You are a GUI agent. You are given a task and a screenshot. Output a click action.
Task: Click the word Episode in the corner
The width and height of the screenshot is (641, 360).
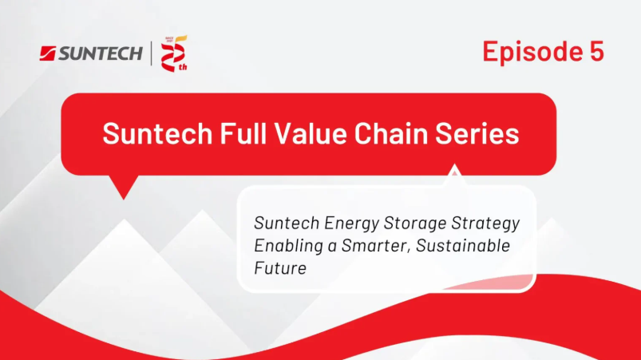coord(532,52)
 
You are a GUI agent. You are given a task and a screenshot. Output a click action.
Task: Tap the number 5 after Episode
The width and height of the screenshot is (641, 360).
coord(596,50)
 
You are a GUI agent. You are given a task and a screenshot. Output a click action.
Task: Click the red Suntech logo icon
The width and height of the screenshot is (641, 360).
coord(47,53)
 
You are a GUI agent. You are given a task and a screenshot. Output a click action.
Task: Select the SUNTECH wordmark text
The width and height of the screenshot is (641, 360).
coord(100,53)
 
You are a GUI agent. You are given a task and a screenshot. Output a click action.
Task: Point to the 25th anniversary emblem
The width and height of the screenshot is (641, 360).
coord(174,53)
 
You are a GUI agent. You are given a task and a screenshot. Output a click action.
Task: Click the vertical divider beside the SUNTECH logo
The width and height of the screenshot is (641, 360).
coord(151,53)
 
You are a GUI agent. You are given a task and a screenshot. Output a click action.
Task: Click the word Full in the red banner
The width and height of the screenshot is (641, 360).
coord(243,133)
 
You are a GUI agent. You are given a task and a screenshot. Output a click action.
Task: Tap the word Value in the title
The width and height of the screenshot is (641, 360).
coord(311,133)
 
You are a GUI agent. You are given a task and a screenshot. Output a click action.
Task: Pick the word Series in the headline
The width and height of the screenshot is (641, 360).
coord(477,133)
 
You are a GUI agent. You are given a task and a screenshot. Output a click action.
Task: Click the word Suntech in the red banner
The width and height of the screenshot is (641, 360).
coord(157,133)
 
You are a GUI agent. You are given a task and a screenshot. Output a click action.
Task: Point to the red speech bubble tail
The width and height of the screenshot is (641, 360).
coord(124,187)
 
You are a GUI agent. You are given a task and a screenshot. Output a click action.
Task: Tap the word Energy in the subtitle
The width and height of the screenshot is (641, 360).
coord(351,224)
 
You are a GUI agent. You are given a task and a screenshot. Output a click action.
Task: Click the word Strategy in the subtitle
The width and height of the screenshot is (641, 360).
coord(485,224)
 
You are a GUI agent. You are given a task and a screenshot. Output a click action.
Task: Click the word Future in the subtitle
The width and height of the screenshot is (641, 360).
coord(280,268)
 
